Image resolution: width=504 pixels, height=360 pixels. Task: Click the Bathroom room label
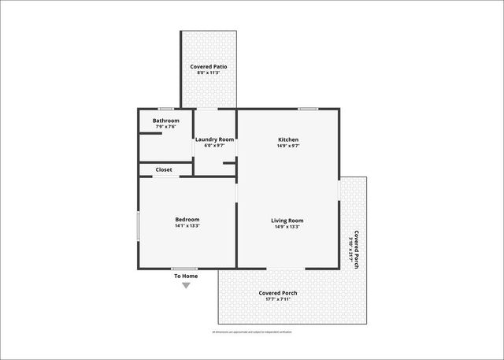tap(165, 121)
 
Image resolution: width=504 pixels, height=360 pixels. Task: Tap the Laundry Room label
tap(215, 139)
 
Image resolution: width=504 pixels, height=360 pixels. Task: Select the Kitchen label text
tap(287, 139)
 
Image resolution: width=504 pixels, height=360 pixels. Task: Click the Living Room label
tap(287, 220)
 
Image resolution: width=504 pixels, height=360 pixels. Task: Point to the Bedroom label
tap(187, 219)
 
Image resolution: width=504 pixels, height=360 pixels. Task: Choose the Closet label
tap(164, 169)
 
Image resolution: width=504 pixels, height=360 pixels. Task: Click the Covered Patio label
tap(209, 67)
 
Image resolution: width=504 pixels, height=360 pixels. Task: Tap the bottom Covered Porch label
tap(278, 293)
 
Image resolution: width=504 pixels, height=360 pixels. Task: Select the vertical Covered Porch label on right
tap(357, 250)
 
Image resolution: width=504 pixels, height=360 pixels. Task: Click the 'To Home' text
tap(186, 276)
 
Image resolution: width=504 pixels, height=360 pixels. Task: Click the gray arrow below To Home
tap(186, 285)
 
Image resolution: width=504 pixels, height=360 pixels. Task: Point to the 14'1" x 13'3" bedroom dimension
tap(187, 226)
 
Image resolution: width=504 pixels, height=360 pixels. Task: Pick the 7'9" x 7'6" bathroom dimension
tap(165, 127)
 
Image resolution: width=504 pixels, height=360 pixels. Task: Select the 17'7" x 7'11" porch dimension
tap(278, 299)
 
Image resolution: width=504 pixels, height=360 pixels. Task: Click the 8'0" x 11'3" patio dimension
tap(209, 73)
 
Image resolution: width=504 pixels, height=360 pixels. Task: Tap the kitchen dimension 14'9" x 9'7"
tap(287, 146)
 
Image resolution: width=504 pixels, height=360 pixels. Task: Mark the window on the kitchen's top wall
tap(307, 109)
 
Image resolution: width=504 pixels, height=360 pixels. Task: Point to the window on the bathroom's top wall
tap(165, 109)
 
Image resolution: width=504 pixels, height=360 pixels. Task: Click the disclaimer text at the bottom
tap(252, 332)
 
